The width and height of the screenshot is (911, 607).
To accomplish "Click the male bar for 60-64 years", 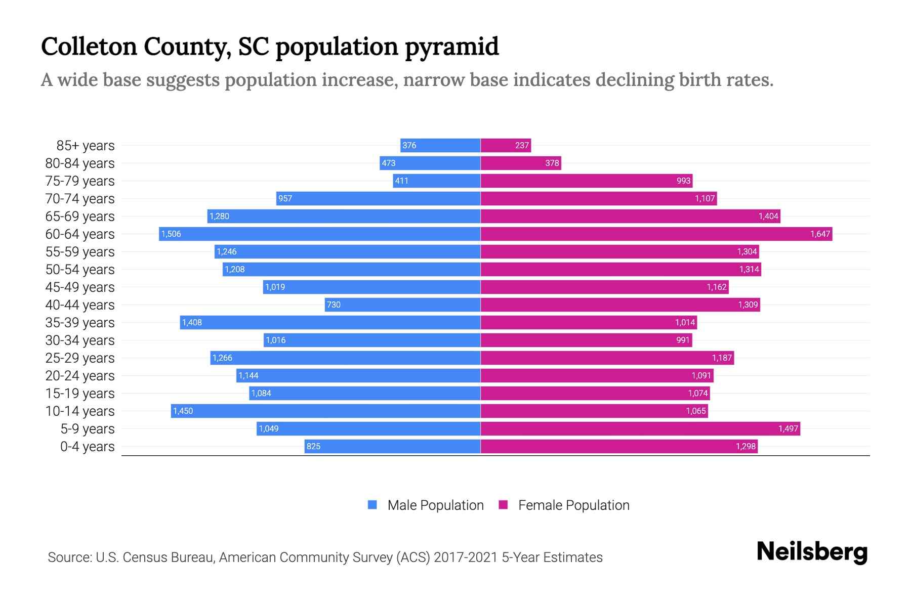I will click(319, 234).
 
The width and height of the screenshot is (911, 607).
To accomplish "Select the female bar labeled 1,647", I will click(656, 234).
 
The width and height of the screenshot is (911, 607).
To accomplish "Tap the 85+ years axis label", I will click(86, 146).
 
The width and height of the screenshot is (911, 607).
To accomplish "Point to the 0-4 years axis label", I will click(87, 447).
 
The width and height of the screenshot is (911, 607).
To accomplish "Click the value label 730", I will click(334, 305).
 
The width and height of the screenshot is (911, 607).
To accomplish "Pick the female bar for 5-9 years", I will click(640, 428).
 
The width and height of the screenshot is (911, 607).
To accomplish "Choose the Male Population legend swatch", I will click(372, 505).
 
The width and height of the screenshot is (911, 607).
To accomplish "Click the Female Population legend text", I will click(573, 505).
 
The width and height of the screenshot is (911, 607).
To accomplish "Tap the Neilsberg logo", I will click(812, 552).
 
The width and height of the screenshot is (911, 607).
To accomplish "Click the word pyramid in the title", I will click(451, 47).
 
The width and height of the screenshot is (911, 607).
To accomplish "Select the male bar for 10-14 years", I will click(325, 411).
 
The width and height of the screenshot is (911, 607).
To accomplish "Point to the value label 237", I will click(522, 146).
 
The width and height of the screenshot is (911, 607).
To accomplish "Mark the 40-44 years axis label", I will click(80, 305).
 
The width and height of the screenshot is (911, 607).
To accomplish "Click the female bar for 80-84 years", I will click(521, 163).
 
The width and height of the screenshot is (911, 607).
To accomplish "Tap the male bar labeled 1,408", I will click(330, 322).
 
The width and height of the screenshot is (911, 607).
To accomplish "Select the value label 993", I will click(683, 181).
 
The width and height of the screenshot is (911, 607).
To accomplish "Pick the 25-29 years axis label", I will click(80, 358).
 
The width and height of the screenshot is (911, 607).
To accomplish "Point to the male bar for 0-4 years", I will click(392, 446).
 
